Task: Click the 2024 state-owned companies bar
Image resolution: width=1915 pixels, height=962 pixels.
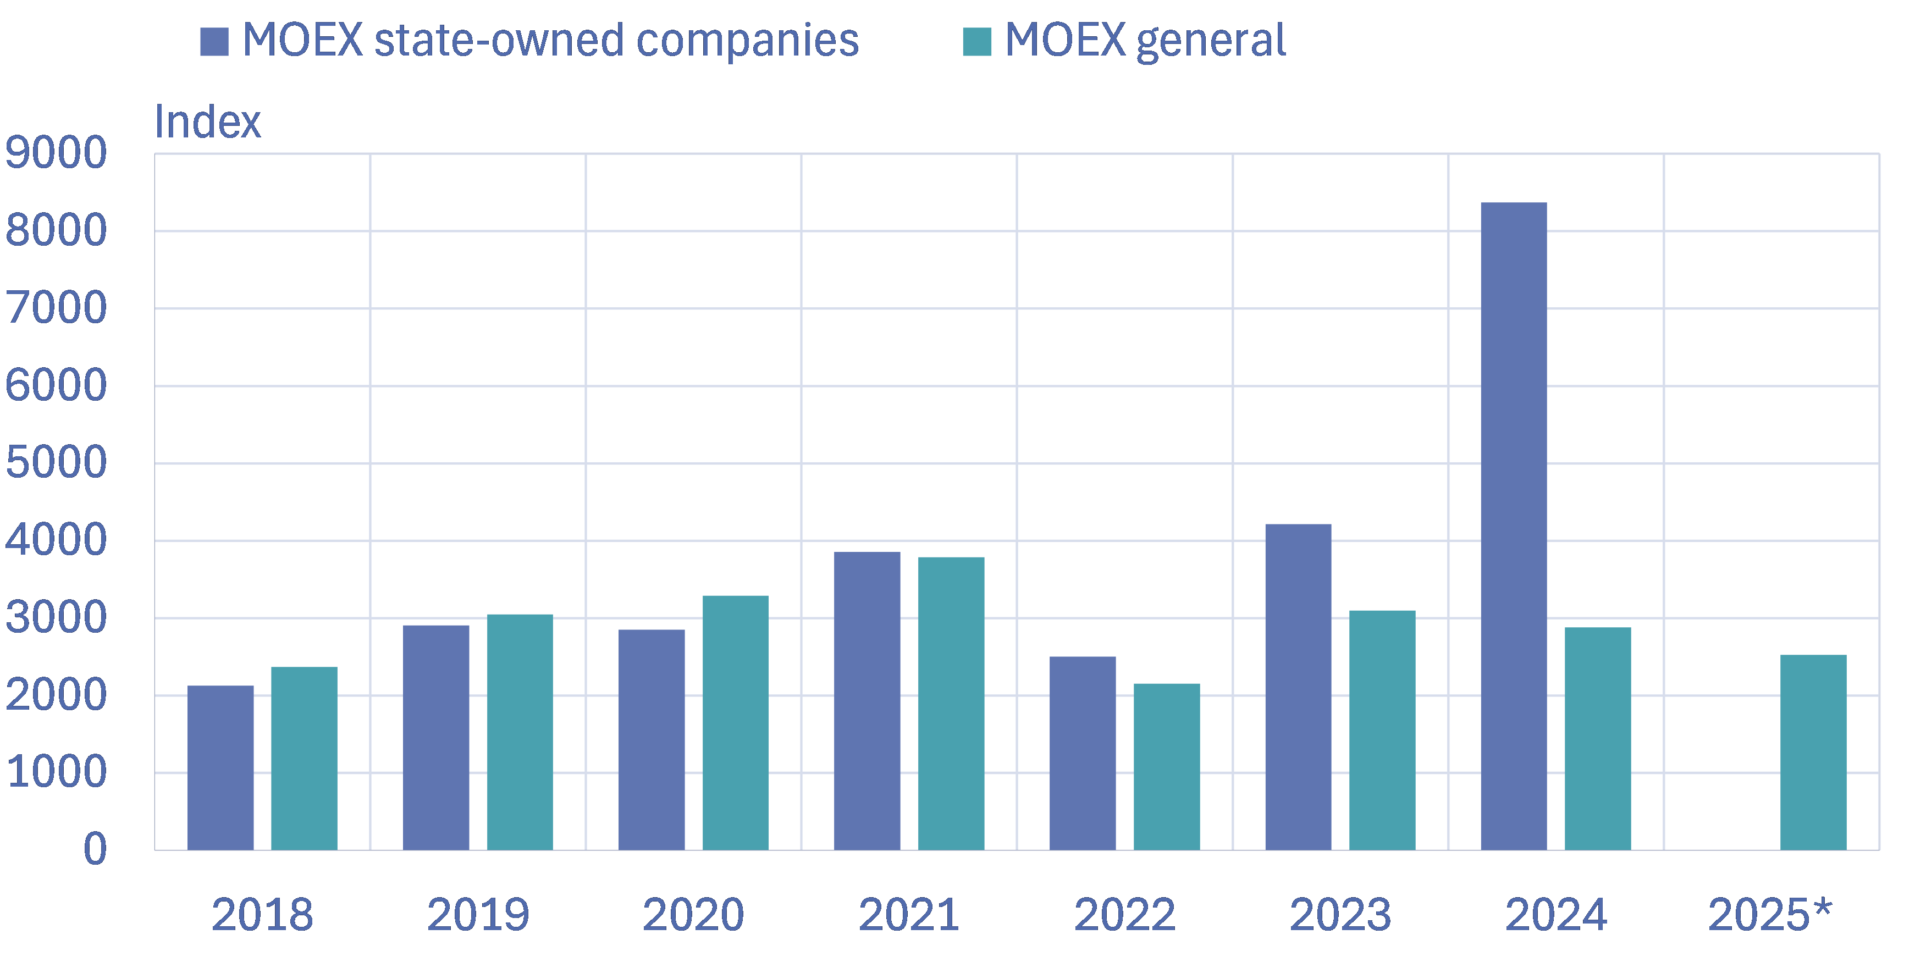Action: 1514,526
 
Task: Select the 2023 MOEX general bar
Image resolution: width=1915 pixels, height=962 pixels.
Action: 1382,730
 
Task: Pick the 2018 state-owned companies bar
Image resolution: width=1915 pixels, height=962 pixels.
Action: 220,767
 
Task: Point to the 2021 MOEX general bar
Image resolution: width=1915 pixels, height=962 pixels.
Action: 951,703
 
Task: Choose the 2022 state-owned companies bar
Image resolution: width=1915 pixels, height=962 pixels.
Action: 1083,753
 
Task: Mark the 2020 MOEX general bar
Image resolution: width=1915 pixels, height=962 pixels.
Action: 735,723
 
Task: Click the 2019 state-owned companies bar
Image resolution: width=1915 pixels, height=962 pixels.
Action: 435,738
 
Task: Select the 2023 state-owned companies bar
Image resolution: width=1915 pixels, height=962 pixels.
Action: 1298,687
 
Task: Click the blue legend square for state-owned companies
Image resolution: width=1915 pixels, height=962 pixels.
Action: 214,42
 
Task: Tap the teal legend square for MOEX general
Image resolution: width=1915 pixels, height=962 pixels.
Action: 977,42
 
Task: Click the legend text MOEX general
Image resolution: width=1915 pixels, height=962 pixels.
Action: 1145,40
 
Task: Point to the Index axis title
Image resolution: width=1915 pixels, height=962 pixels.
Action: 207,122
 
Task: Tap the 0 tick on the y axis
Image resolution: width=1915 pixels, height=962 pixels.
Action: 95,849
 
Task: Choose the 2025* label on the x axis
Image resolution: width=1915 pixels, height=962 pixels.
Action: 1770,914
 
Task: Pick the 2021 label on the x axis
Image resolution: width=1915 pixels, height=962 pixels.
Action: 908,914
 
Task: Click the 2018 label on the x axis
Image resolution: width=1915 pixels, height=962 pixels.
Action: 262,914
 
